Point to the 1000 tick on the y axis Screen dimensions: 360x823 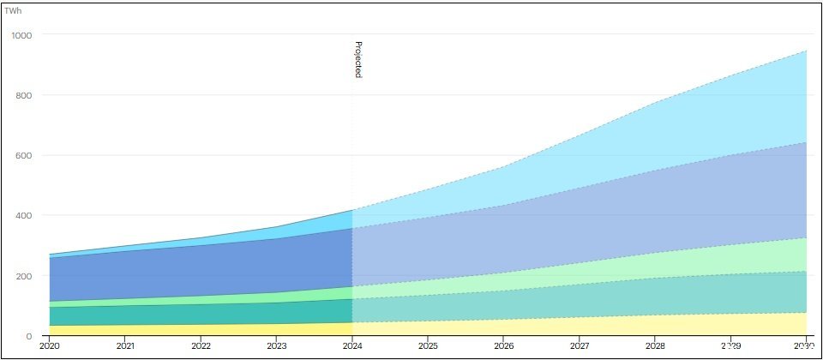click(x=21, y=35)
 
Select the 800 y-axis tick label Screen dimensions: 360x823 click(x=24, y=95)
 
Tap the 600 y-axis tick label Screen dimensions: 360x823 click(x=24, y=155)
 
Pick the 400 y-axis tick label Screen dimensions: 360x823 click(x=24, y=215)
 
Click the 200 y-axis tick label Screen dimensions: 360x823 click(x=24, y=276)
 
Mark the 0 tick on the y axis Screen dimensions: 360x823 click(x=28, y=336)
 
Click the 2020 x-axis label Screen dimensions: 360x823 click(x=50, y=346)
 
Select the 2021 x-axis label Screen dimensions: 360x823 click(x=126, y=346)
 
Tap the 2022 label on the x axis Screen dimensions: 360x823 click(x=201, y=346)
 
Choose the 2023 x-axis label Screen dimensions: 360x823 click(x=277, y=346)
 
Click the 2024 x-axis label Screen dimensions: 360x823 click(x=352, y=346)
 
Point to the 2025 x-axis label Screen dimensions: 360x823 click(x=428, y=346)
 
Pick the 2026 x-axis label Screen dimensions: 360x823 click(x=503, y=346)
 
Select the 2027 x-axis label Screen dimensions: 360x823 click(x=579, y=346)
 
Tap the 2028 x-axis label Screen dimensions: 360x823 click(x=654, y=346)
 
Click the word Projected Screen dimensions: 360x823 click(x=358, y=59)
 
